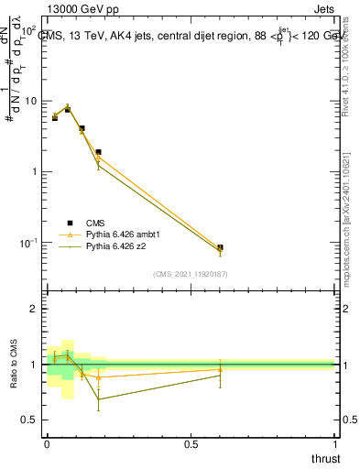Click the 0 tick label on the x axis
click(47, 445)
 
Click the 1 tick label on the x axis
click(336, 445)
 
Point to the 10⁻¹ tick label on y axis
click(27, 243)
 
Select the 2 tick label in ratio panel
click(33, 309)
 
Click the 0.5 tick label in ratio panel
click(27, 420)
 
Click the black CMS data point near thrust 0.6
click(220, 247)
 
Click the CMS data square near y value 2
click(98, 152)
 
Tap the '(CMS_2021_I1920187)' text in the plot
click(191, 274)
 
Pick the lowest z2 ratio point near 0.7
click(98, 398)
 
